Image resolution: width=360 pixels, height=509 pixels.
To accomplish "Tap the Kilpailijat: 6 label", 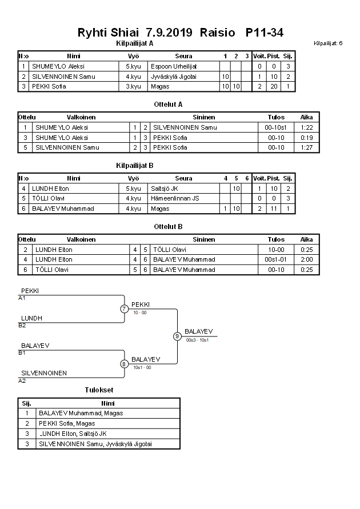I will (x=328, y=43).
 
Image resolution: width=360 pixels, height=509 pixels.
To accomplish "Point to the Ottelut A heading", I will (x=168, y=105).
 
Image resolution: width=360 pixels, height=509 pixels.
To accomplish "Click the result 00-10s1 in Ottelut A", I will (x=276, y=127).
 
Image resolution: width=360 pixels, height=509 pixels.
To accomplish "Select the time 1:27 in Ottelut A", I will (x=306, y=147).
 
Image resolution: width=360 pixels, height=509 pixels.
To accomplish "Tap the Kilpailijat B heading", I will (x=135, y=166).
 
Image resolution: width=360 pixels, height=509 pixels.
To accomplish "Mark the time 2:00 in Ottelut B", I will (x=306, y=259).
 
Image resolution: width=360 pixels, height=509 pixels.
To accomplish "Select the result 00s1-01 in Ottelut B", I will (x=276, y=259).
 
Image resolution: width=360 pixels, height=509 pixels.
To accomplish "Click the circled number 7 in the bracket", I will (x=124, y=309).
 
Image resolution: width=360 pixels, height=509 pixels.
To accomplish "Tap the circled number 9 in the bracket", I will (x=177, y=336).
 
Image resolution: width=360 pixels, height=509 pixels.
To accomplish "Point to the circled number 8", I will (x=124, y=363).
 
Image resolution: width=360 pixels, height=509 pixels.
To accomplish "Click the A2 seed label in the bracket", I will (x=22, y=380).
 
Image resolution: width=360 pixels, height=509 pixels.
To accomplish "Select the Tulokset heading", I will (x=99, y=390).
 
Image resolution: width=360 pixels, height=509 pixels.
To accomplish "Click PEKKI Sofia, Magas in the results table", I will (x=67, y=423).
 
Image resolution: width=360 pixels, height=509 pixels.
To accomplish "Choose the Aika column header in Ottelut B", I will (x=306, y=240).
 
